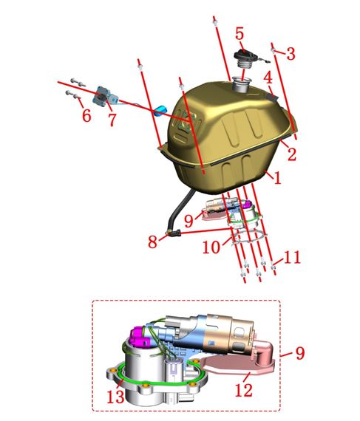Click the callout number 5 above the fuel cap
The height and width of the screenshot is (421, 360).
tap(240, 34)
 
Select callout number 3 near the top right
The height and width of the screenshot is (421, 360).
tap(291, 53)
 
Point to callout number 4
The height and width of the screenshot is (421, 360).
tap(268, 78)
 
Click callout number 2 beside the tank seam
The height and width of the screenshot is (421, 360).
tap(292, 154)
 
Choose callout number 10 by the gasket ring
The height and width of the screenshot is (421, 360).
tap(211, 247)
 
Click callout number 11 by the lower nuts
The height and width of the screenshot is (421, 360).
tap(292, 257)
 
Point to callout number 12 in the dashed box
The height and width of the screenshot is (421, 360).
tap(244, 390)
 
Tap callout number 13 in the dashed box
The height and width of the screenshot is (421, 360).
tap(116, 397)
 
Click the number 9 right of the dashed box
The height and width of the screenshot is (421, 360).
tap(300, 353)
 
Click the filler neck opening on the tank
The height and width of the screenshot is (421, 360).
tap(242, 80)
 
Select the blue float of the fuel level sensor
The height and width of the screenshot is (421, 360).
tap(160, 110)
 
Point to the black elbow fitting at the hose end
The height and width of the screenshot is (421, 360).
tap(174, 233)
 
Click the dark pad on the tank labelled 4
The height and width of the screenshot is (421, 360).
tap(271, 97)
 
